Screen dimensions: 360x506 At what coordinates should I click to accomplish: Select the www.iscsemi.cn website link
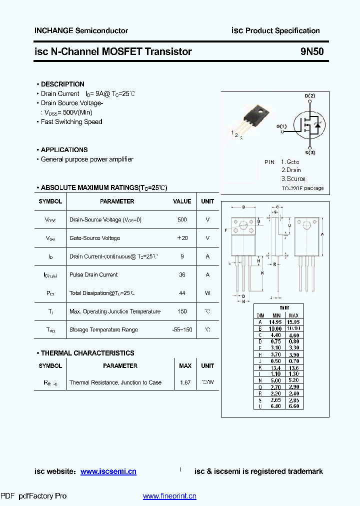click(108, 471)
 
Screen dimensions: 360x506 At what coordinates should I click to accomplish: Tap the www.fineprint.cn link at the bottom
click(169, 496)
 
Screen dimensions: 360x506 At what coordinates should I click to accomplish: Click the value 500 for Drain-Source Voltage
click(182, 219)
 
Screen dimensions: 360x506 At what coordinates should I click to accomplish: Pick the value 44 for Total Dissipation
click(182, 293)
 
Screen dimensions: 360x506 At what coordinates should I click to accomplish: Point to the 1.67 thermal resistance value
click(185, 382)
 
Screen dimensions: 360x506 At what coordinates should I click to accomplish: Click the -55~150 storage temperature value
click(182, 330)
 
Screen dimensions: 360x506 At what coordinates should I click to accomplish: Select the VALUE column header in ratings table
click(182, 201)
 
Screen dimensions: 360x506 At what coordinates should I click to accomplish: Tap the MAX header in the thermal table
click(185, 366)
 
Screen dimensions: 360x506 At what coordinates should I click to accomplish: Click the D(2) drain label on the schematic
click(310, 95)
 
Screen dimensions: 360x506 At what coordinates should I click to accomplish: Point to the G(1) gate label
click(281, 126)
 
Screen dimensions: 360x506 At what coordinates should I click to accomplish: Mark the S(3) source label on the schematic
click(310, 152)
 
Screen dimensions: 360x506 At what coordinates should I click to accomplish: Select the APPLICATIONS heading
click(64, 149)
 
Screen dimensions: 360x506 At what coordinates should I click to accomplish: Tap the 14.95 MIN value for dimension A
click(276, 322)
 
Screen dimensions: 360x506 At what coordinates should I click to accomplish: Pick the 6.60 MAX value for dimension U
click(294, 406)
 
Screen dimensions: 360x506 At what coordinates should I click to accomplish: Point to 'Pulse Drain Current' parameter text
click(93, 274)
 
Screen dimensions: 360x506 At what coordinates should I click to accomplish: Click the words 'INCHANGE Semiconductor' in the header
click(81, 30)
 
